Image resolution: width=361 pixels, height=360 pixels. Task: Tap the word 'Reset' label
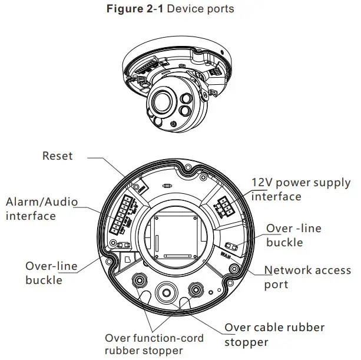tap(58, 156)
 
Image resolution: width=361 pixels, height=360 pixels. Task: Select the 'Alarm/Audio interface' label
tap(41, 209)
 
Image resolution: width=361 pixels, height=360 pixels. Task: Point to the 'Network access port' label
tap(307, 277)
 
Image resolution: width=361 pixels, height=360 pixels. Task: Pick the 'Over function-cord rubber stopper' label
tap(154, 345)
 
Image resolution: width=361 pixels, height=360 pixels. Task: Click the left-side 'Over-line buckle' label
tap(51, 273)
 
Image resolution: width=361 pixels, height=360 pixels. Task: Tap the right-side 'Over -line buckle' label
tap(293, 235)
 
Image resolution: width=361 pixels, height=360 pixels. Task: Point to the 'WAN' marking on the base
tap(226, 256)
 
